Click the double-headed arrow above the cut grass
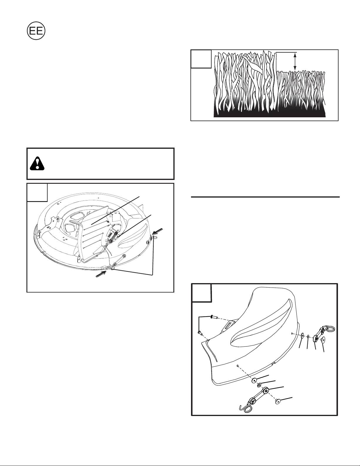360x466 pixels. coord(295,61)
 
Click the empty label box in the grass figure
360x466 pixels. coord(201,59)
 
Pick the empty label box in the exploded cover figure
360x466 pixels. coord(201,293)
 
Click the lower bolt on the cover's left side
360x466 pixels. coord(200,333)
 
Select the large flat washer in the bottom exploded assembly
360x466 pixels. coord(254,381)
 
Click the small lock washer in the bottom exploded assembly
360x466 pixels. coord(260,385)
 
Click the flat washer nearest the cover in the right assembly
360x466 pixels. coord(302,335)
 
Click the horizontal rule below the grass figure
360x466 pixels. coord(265,197)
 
